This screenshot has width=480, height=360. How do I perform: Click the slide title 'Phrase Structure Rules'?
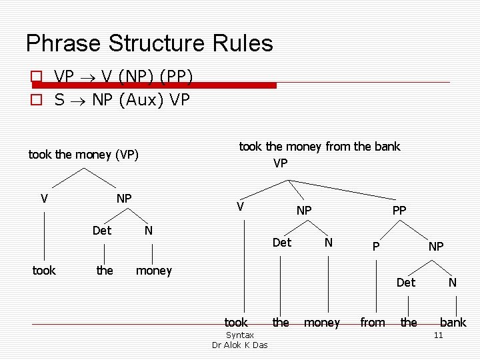coord(149,43)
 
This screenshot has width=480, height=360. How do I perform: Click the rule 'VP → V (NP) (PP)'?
coord(124,77)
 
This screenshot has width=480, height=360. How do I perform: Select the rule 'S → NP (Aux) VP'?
coord(122,100)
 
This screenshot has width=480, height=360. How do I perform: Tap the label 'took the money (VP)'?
coord(83,155)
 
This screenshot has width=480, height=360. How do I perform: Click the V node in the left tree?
coord(44,198)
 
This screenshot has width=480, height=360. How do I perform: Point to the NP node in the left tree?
coord(124,198)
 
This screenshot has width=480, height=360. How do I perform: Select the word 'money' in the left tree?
coord(153,270)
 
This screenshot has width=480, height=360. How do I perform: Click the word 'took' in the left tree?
coord(44,270)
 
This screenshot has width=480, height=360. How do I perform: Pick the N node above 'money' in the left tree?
coord(149,231)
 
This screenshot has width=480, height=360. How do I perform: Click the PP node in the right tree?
coord(399,210)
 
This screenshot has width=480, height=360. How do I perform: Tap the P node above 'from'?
coord(376,246)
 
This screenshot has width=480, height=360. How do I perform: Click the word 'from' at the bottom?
coord(373,323)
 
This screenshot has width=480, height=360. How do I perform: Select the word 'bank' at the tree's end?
coord(453,323)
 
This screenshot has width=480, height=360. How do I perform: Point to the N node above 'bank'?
coord(452,282)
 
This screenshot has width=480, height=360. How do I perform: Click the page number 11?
coord(438,335)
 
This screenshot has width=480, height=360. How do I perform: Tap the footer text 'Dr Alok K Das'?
coord(239,345)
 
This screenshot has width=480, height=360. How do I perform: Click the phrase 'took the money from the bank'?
coord(319,147)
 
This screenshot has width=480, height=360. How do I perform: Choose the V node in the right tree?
coord(240,207)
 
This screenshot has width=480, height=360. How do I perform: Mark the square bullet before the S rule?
coord(37,101)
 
